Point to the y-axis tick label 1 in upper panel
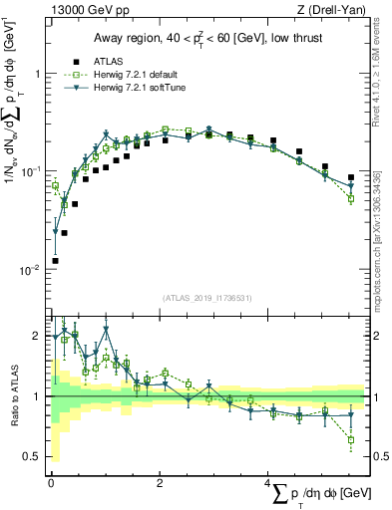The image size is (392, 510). (37, 74)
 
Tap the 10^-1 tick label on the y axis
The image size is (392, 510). (32, 171)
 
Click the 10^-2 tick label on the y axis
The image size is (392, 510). (32, 270)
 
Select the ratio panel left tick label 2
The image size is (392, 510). (38, 336)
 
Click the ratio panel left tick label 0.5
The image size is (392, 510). (33, 457)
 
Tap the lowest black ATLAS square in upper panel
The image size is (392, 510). (55, 261)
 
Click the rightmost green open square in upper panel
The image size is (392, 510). (351, 198)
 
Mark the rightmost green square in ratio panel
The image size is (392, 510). (351, 439)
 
